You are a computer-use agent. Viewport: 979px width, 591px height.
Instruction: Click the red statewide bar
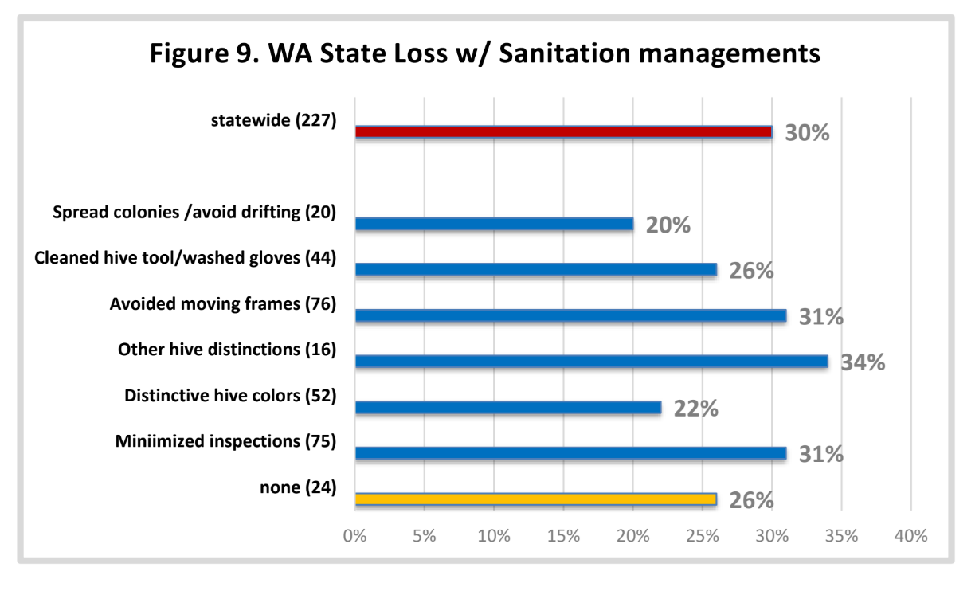click(563, 132)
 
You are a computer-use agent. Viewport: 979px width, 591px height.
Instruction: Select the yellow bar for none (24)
click(536, 499)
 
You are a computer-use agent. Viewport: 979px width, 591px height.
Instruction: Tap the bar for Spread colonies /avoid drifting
click(495, 224)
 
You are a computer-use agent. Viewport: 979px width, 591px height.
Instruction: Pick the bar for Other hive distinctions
click(592, 362)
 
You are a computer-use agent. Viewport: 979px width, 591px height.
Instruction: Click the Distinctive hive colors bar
click(508, 407)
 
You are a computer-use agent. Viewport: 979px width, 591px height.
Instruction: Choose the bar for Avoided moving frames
click(571, 315)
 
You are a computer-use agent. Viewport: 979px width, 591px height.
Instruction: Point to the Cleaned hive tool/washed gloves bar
click(536, 270)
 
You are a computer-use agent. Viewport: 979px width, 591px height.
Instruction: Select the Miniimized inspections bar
click(571, 453)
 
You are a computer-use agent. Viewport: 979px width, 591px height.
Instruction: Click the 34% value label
click(863, 362)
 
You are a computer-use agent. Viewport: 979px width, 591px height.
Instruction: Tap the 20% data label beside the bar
click(668, 225)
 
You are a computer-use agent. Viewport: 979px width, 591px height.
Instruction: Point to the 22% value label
click(696, 409)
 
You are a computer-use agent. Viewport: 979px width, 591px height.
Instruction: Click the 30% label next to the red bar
click(807, 133)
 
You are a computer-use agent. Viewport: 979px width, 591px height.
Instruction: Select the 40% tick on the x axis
click(910, 535)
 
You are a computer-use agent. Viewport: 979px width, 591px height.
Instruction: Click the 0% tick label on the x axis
click(355, 535)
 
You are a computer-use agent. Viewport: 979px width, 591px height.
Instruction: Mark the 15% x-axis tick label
click(563, 535)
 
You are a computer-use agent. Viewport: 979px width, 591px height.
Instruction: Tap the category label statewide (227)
click(273, 120)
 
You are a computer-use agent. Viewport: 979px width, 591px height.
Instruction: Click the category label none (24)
click(298, 487)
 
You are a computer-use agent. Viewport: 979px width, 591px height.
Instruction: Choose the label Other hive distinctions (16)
click(227, 350)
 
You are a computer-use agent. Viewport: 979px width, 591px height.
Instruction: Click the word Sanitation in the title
click(564, 53)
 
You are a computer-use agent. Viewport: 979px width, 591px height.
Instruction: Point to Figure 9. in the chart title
click(205, 54)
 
